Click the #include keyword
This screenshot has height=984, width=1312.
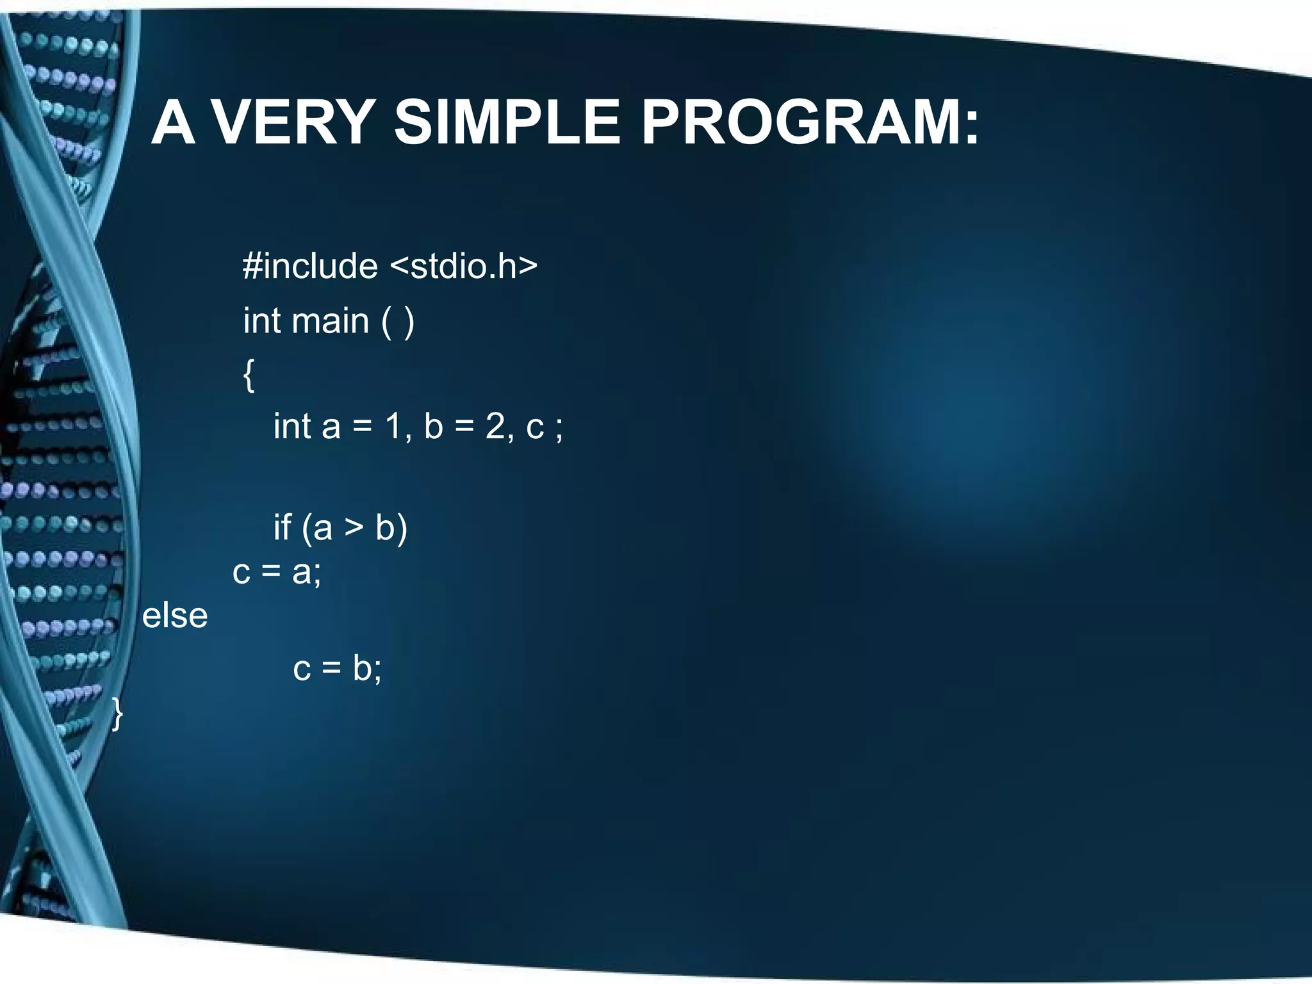tap(310, 266)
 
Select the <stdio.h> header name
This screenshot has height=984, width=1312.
tap(464, 266)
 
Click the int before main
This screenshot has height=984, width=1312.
tap(262, 320)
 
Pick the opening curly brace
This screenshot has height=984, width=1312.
tap(249, 375)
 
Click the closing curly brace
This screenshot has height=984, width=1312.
tap(117, 714)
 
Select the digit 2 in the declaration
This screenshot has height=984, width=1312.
tap(495, 426)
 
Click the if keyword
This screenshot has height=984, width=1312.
tap(283, 527)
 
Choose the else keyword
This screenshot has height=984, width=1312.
tap(175, 616)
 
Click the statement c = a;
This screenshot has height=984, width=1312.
tap(277, 571)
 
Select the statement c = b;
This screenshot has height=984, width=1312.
tap(337, 668)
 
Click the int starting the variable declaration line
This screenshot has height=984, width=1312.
tap(292, 426)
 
